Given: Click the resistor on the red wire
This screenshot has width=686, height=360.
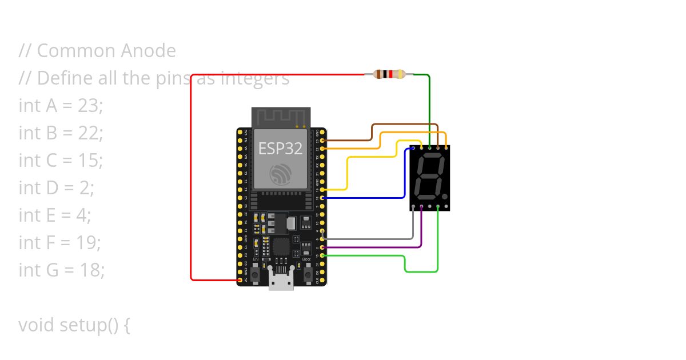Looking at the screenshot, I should coord(389,74).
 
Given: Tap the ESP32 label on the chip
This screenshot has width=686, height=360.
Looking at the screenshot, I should coord(280,148).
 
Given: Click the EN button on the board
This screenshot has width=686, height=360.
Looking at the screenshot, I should coord(256,273).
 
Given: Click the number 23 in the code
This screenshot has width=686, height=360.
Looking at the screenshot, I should coord(89,106).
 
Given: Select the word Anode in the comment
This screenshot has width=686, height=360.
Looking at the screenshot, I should coord(148,51).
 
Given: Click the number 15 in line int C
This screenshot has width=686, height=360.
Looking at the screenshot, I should coord(90,161).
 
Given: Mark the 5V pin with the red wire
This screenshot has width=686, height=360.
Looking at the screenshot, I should coord(240,280).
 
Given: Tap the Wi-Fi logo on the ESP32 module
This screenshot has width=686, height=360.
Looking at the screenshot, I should coord(280,174).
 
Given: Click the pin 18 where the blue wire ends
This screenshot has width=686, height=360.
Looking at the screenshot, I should coord(324,198).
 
